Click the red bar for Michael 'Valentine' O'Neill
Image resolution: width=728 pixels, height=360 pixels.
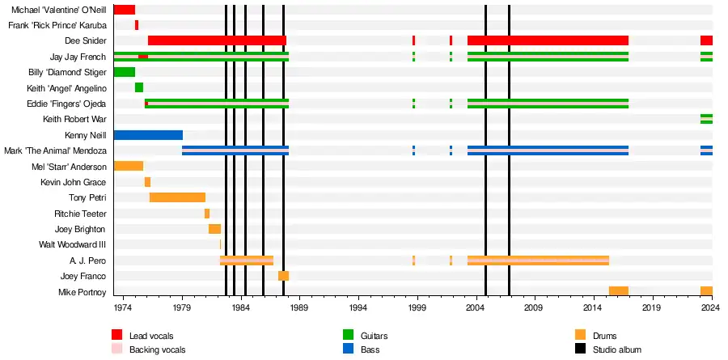[125, 9]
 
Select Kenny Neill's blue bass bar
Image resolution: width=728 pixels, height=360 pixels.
[148, 135]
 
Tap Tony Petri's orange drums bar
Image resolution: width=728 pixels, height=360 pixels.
[177, 197]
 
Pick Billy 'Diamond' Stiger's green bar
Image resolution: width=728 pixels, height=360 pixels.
[125, 72]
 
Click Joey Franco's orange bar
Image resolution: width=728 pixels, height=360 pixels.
[284, 276]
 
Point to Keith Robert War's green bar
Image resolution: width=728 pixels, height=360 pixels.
[707, 119]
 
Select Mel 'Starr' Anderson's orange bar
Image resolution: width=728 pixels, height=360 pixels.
[129, 167]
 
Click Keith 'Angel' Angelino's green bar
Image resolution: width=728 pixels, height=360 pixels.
[139, 88]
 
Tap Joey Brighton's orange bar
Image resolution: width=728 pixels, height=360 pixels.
[214, 229]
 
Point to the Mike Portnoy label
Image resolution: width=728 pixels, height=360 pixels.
[83, 292]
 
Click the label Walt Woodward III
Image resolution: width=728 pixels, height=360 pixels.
[73, 245]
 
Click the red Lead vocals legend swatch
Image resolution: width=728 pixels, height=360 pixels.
[117, 334]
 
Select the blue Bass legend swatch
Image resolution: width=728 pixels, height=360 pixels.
[348, 349]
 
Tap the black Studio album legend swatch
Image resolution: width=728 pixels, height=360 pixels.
[580, 349]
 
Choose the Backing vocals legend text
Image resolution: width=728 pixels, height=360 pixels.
[158, 349]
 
